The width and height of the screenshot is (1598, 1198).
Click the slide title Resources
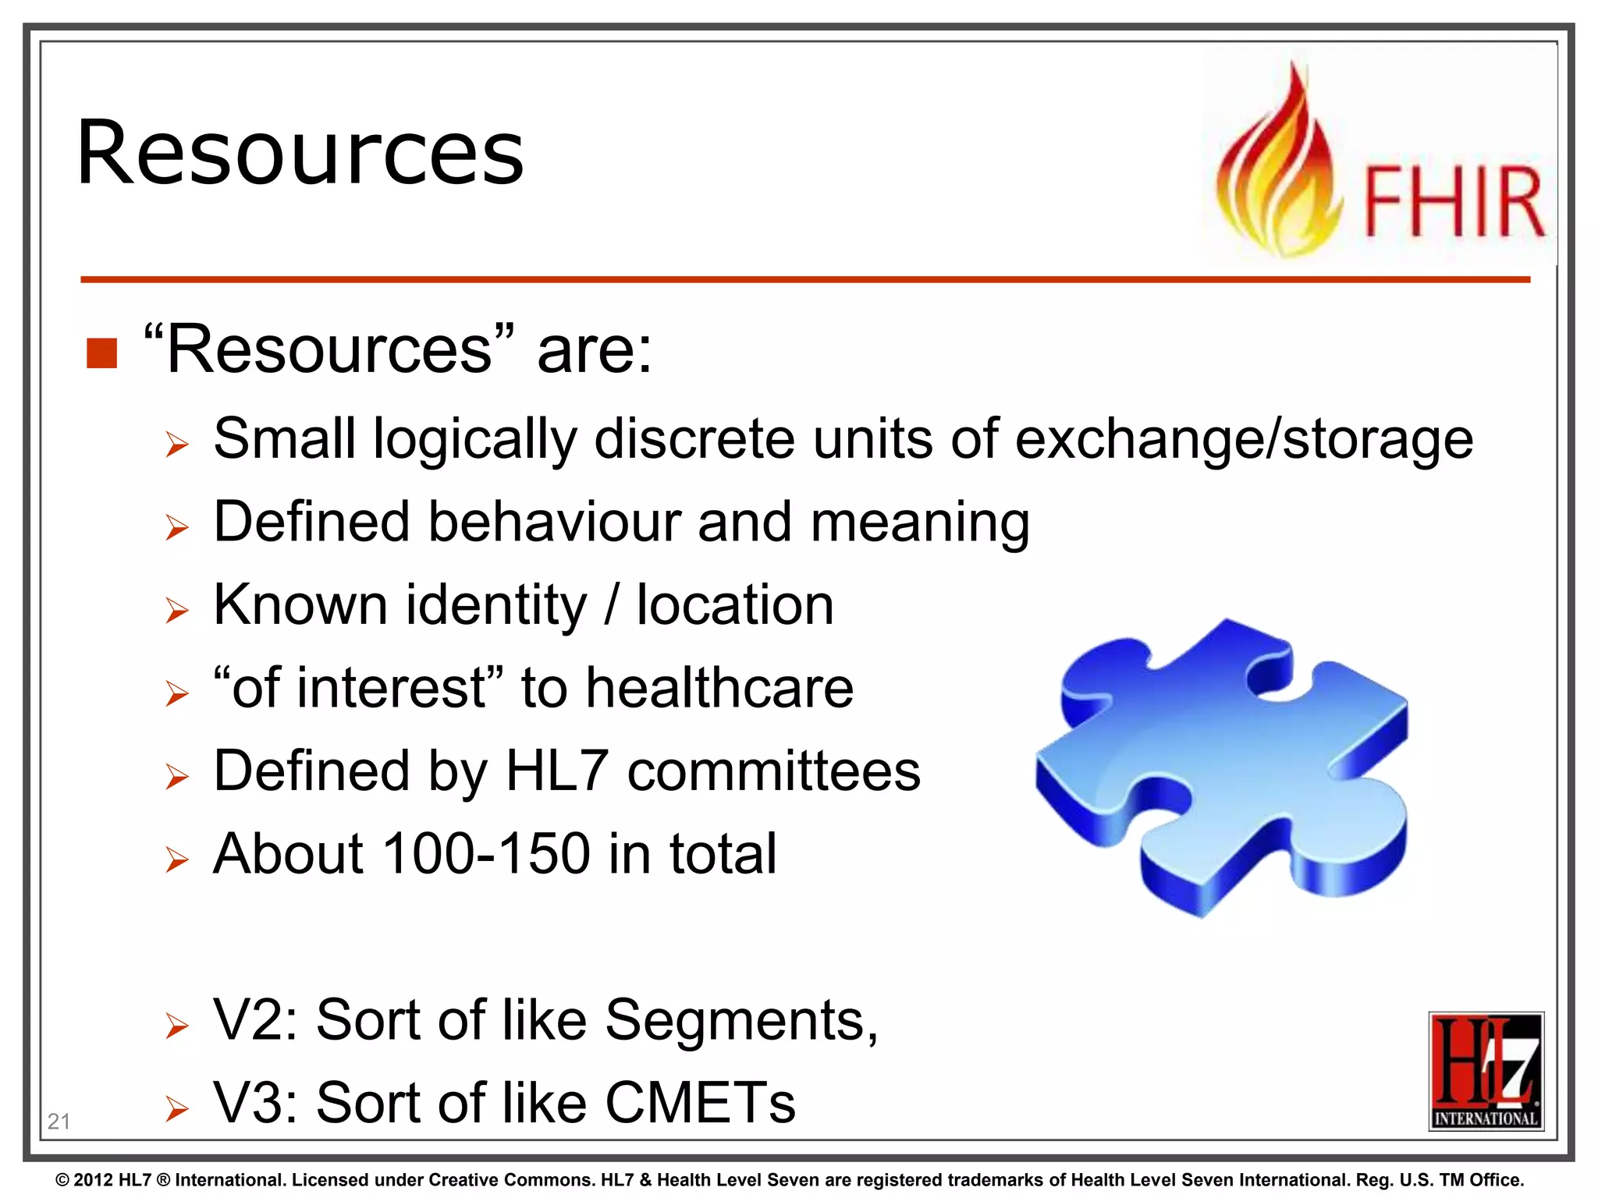tap(300, 153)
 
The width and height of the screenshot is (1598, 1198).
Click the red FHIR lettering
tap(1454, 202)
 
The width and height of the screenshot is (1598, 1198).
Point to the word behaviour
tap(554, 522)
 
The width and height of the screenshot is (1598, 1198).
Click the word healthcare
tap(719, 688)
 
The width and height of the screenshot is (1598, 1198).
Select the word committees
tap(773, 771)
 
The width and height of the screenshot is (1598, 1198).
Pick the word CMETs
tap(700, 1104)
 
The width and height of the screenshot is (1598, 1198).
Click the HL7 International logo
tap(1486, 1071)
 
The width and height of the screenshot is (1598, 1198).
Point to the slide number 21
tap(59, 1122)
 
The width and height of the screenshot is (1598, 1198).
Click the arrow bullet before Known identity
tap(177, 610)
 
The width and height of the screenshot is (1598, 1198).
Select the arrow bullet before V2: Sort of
tap(177, 1026)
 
